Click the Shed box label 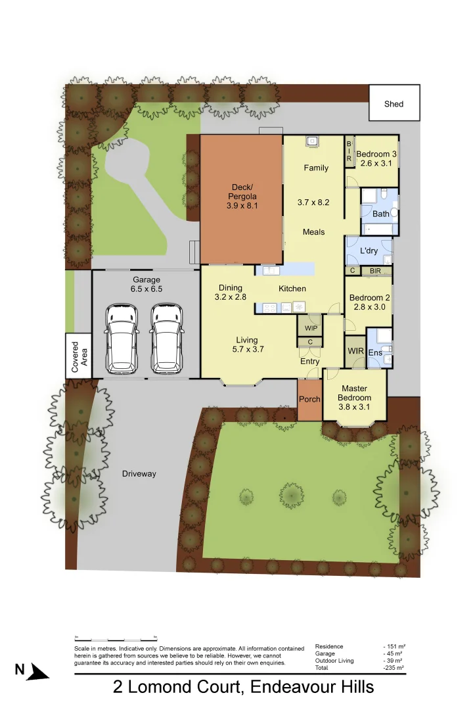click(x=394, y=104)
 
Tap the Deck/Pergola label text click(x=242, y=191)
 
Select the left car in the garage click(x=122, y=337)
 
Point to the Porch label click(x=309, y=399)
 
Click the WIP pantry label click(x=311, y=327)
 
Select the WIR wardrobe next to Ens click(x=355, y=352)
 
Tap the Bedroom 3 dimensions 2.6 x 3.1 click(x=376, y=163)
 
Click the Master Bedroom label click(x=355, y=393)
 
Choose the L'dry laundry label click(x=369, y=250)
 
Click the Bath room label click(x=380, y=214)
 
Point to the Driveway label click(x=139, y=473)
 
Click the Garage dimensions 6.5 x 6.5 click(x=146, y=289)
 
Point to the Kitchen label click(x=292, y=289)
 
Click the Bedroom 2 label click(x=369, y=297)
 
